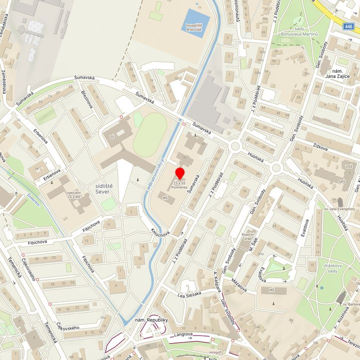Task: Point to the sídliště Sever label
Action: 104,188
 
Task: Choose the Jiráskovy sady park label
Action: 334,268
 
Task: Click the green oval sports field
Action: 150,134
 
